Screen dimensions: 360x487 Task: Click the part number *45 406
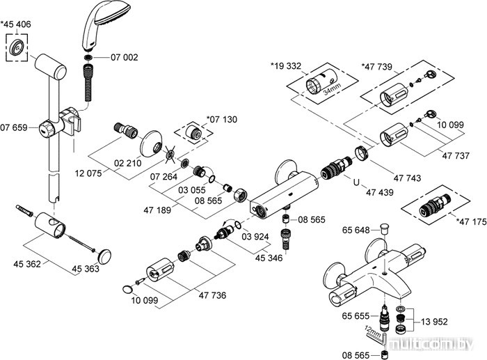[x=17, y=24]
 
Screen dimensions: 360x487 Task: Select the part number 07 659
[x=14, y=127]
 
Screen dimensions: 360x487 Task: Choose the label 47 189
[x=158, y=210]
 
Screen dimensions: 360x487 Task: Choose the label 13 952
[x=433, y=322]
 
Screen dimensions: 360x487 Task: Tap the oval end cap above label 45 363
[x=106, y=253]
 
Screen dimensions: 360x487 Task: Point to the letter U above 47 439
[x=356, y=184]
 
